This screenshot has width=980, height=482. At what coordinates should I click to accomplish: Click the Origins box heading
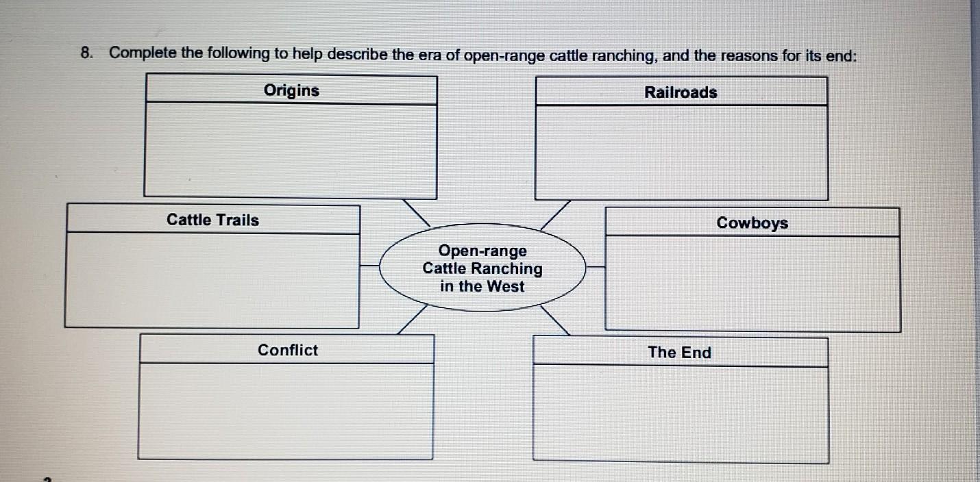click(291, 90)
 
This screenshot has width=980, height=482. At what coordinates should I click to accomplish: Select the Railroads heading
click(681, 92)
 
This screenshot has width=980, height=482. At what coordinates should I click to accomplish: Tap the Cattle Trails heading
click(213, 220)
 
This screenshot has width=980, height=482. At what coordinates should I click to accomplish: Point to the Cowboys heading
click(752, 223)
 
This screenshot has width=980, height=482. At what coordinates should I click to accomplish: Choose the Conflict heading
click(288, 351)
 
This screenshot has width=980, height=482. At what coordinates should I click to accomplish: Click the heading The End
click(680, 353)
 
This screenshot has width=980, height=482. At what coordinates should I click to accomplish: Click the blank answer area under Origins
click(291, 151)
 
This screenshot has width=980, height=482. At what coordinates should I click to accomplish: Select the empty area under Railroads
click(681, 152)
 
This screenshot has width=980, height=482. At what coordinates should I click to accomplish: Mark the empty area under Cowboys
click(752, 283)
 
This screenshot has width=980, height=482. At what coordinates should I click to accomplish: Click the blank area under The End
click(680, 413)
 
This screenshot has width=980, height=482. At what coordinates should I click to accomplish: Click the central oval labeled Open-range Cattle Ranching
click(482, 268)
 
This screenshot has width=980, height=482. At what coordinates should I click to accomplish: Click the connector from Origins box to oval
click(415, 212)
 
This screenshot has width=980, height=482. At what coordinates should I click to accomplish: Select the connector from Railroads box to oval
click(555, 214)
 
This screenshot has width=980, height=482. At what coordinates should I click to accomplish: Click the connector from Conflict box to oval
click(412, 320)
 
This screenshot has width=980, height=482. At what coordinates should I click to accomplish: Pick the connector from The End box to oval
click(554, 320)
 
